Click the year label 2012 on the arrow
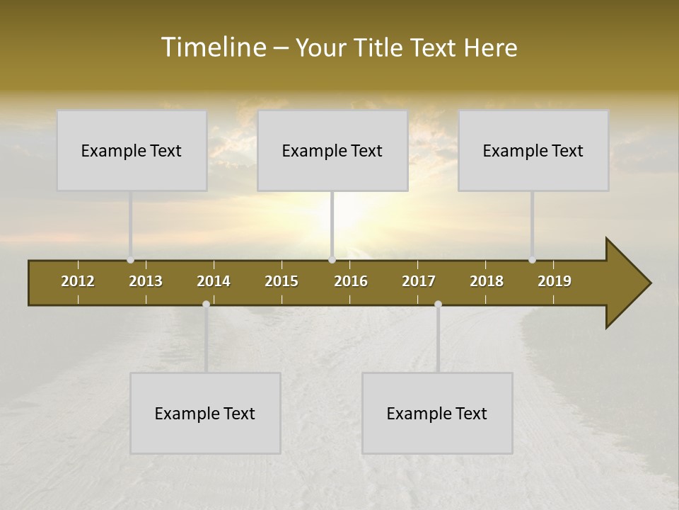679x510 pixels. point(78,281)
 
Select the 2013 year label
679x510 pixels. point(146,281)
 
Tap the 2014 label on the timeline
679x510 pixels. point(214,281)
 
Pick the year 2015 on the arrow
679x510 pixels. point(282,281)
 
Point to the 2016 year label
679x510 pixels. point(351,281)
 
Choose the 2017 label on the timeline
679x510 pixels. point(419,281)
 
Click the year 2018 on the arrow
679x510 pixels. point(487,281)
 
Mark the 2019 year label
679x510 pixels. point(555,281)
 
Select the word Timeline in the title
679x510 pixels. point(213,47)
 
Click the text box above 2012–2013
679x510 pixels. point(132,150)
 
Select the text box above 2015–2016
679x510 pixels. point(332,150)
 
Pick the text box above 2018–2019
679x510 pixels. point(533,150)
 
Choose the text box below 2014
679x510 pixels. point(205,413)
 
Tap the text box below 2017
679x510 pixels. point(437,413)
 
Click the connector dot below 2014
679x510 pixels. point(206,304)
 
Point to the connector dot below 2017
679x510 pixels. point(438,304)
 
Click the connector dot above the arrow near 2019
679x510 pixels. point(533,260)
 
